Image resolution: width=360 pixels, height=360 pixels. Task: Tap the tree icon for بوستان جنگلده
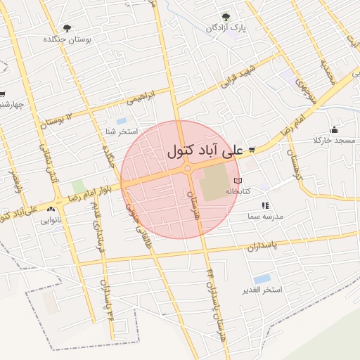click(x=67, y=29)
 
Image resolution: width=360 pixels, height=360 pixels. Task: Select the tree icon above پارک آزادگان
click(x=225, y=17)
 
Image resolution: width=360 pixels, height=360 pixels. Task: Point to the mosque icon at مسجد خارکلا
click(x=333, y=130)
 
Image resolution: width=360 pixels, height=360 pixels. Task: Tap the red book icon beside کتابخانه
click(x=246, y=181)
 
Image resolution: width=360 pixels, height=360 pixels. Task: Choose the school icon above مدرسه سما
click(x=265, y=205)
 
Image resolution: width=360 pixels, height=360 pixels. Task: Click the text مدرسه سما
click(x=265, y=217)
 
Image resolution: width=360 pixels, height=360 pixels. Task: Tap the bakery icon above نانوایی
click(x=51, y=210)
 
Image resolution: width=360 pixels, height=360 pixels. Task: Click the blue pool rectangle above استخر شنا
click(x=122, y=121)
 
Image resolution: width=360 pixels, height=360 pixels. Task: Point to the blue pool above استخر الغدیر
click(x=262, y=279)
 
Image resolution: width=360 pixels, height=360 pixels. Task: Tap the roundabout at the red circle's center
click(x=188, y=169)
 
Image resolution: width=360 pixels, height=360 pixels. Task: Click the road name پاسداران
click(x=263, y=246)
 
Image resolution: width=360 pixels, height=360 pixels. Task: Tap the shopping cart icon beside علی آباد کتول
click(x=251, y=149)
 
